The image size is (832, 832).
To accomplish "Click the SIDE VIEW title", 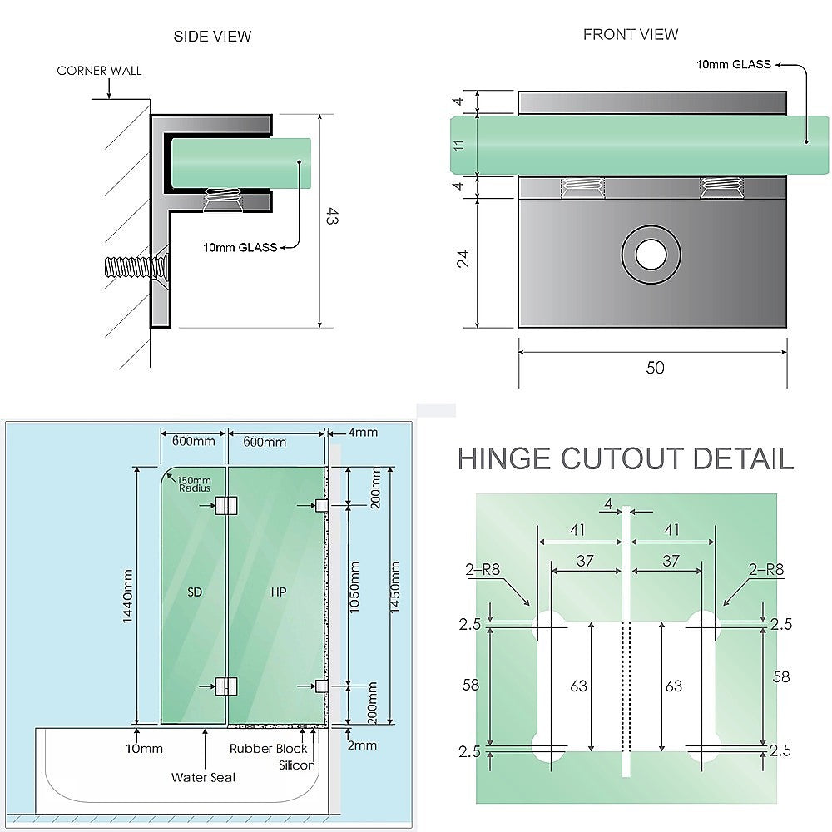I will click(x=212, y=36).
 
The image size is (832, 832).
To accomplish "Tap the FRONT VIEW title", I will click(x=630, y=34).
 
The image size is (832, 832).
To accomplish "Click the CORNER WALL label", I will click(x=99, y=71).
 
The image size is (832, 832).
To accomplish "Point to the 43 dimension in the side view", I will click(x=332, y=218).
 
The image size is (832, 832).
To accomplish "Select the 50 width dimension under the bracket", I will click(x=655, y=368).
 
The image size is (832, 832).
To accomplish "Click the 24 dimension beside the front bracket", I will click(x=463, y=259).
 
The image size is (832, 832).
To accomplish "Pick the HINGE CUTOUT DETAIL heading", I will click(x=625, y=458).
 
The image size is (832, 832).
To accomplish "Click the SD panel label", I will click(x=195, y=592).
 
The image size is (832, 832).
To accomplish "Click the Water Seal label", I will click(x=203, y=777).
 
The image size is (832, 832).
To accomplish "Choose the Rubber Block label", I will click(x=269, y=748).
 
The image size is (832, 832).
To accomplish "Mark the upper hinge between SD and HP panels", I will click(x=225, y=505).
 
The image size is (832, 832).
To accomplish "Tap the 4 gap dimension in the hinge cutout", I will click(x=608, y=503).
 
